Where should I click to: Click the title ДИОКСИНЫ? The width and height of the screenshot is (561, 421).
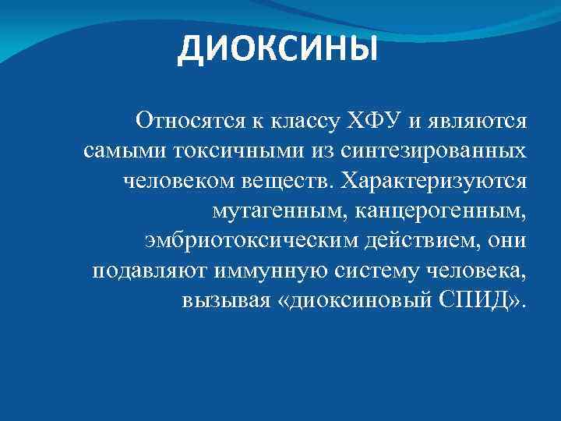coord(277,49)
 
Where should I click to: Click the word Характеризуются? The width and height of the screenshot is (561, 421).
coord(436,181)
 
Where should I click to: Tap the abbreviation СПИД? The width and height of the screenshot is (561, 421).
coord(485,301)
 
